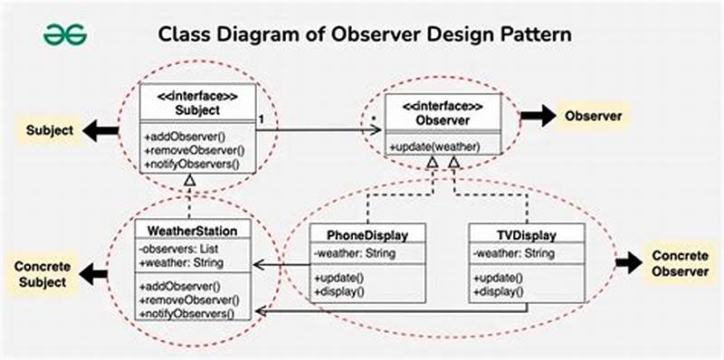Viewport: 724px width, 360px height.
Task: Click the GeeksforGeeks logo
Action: tap(66, 34)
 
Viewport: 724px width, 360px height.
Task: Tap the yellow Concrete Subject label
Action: tap(40, 274)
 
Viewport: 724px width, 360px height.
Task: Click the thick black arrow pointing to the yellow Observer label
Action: tap(537, 116)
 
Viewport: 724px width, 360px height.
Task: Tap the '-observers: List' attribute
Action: tap(180, 249)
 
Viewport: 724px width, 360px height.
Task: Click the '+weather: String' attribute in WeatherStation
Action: tap(182, 262)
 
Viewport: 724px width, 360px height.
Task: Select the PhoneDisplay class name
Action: tap(357, 235)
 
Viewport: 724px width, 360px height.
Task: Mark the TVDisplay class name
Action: tap(513, 235)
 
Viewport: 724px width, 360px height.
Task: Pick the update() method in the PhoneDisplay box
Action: tap(338, 277)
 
